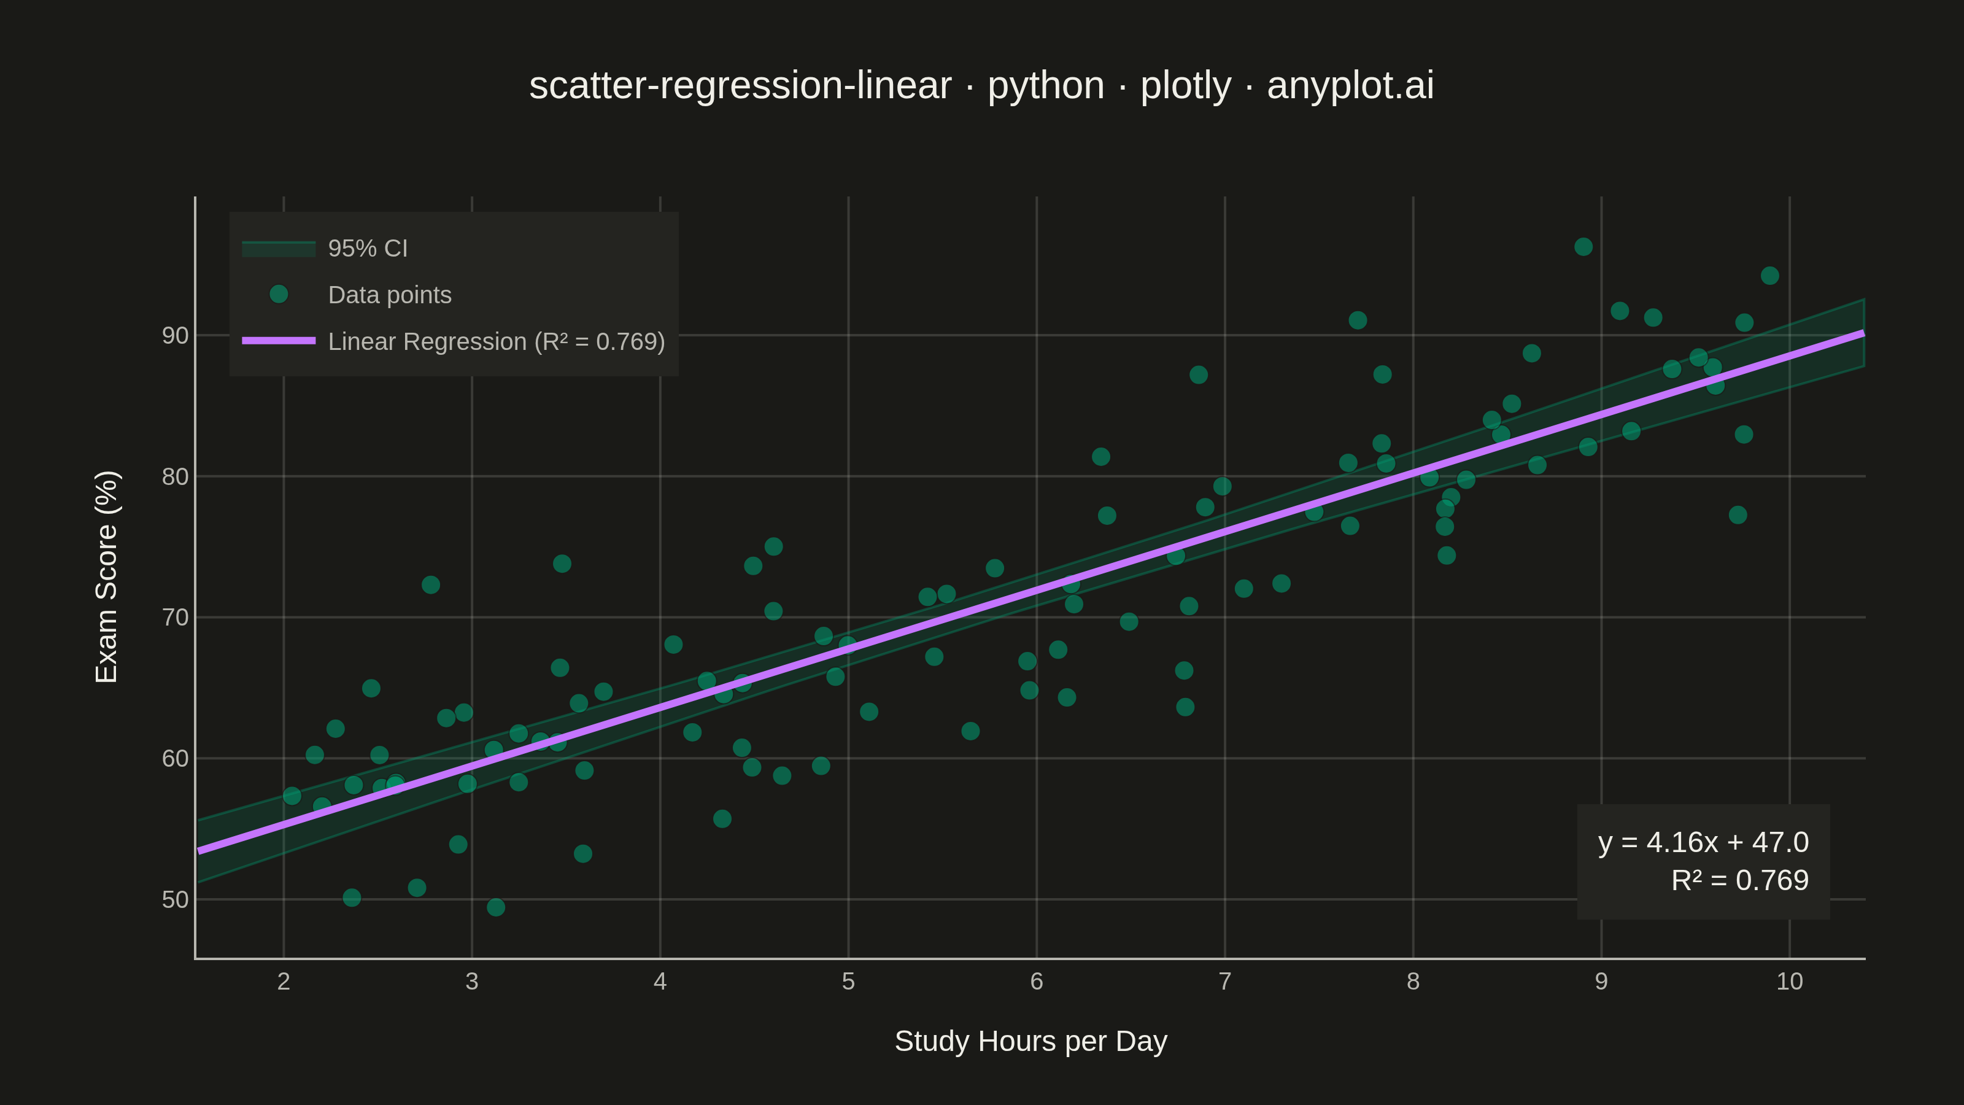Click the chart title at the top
click(981, 85)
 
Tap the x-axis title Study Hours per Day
click(1031, 1042)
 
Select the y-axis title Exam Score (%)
click(107, 576)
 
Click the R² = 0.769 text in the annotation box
click(1740, 881)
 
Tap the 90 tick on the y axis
click(174, 336)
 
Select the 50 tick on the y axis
click(174, 900)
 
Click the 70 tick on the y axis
click(174, 618)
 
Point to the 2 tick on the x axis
click(284, 982)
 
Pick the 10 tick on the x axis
click(1790, 982)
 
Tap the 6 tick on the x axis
click(1037, 982)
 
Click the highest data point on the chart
click(1583, 247)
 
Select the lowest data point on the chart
click(495, 907)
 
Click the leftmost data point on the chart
click(292, 796)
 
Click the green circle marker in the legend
click(279, 295)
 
